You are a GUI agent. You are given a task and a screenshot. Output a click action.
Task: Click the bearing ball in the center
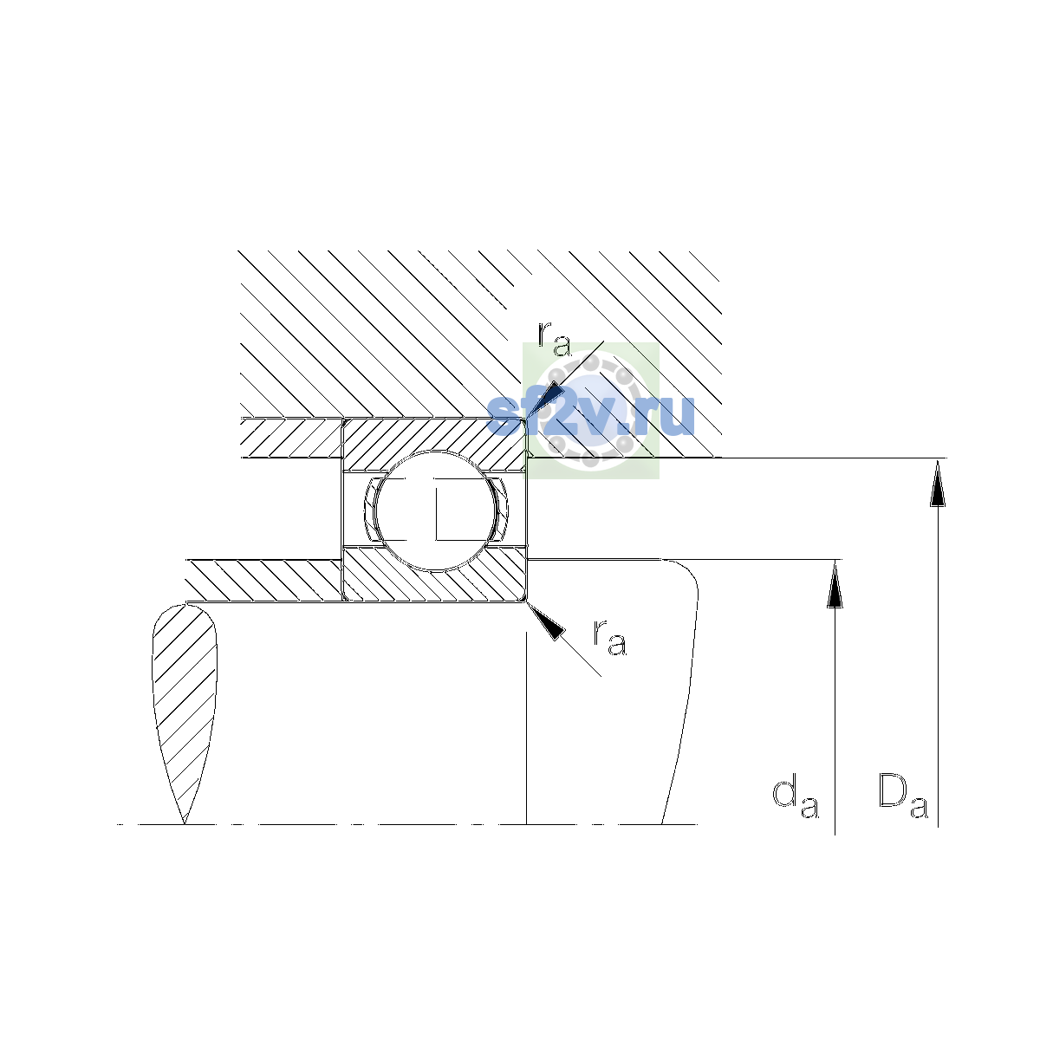(x=435, y=510)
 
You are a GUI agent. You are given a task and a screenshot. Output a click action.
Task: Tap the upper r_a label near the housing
(x=554, y=339)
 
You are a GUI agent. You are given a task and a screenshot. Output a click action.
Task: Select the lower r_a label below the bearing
(x=609, y=638)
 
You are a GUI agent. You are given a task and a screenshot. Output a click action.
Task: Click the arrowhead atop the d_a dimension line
(x=835, y=584)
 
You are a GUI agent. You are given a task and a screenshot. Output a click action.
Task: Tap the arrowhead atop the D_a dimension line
(x=938, y=483)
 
